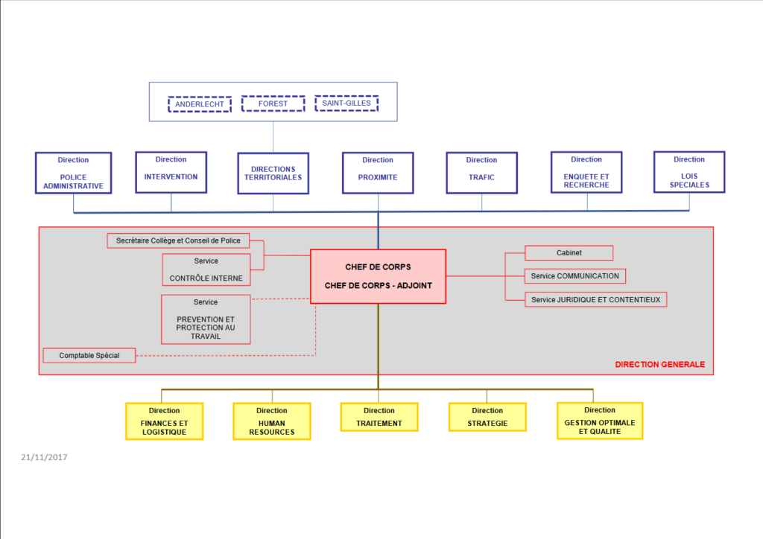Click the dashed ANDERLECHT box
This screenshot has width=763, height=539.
click(x=200, y=104)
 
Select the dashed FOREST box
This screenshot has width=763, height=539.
click(x=273, y=103)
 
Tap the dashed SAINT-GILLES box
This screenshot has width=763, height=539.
click(x=346, y=103)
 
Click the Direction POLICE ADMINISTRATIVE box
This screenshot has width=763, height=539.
click(x=73, y=173)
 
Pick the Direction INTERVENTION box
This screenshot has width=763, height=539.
click(x=171, y=172)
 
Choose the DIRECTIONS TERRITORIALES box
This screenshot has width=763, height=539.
click(x=273, y=173)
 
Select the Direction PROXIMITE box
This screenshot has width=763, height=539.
click(x=378, y=173)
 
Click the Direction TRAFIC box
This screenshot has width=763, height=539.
click(x=481, y=173)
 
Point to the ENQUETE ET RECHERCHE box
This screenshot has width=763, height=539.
click(x=586, y=172)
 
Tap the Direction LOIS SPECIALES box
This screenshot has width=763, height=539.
click(x=689, y=172)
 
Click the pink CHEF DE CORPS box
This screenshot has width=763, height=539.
click(x=378, y=276)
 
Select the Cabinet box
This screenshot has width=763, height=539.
click(x=569, y=253)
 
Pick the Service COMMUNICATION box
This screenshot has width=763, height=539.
click(x=574, y=276)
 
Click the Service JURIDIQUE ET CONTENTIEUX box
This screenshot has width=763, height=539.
click(x=595, y=299)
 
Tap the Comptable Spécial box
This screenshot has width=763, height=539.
click(x=89, y=356)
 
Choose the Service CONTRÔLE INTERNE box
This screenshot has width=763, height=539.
click(x=206, y=270)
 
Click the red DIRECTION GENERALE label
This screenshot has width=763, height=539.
click(x=659, y=365)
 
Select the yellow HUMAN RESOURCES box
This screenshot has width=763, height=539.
click(x=271, y=421)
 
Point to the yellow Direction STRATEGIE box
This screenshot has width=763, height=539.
click(x=487, y=417)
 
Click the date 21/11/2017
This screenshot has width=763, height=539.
click(x=44, y=457)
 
